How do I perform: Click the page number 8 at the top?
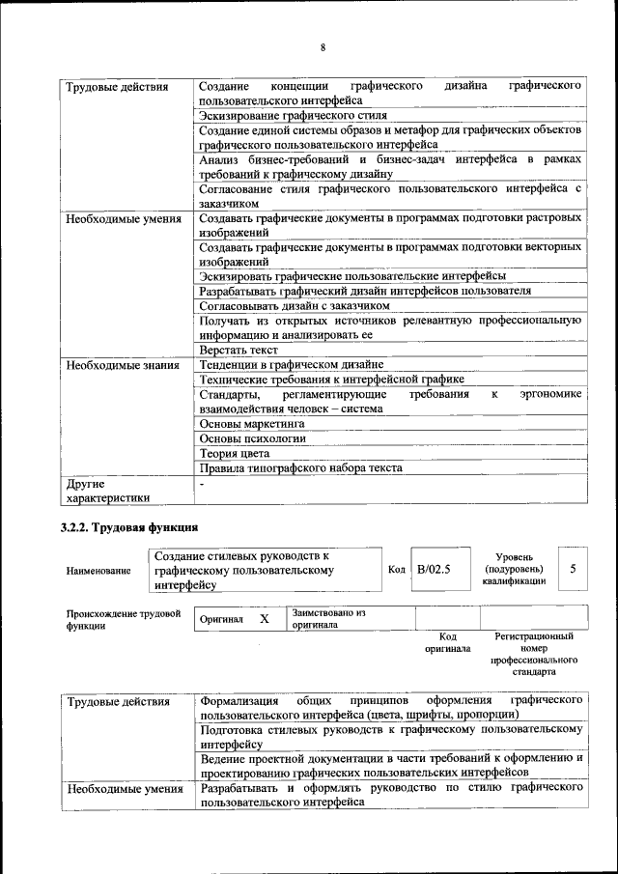323,47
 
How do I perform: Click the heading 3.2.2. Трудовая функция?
123,527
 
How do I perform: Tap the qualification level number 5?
573,569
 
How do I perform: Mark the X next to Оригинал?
264,618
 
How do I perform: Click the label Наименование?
98,571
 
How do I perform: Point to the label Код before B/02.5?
396,570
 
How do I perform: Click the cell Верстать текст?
239,350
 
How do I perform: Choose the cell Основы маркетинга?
252,423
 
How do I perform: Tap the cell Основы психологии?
252,437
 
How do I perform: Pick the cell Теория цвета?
234,452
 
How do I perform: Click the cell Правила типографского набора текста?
300,467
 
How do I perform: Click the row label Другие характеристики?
107,490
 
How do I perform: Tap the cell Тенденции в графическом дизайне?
292,364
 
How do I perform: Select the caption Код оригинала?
447,643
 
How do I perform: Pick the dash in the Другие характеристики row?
202,482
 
